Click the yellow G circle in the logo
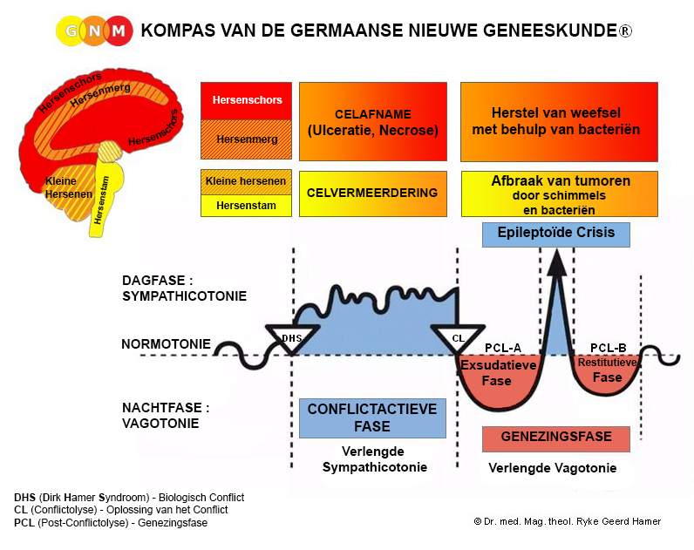point(71,31)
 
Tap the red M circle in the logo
point(119,31)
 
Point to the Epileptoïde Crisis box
point(556,234)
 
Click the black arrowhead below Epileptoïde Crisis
point(557,262)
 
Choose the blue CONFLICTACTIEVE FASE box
point(372,418)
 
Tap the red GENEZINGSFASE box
point(556,439)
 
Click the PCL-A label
point(503,349)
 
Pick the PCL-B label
point(609,349)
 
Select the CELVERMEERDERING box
point(372,194)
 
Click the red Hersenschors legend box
point(246,100)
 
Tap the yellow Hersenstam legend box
point(246,206)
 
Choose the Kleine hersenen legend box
point(246,182)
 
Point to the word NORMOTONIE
point(166,344)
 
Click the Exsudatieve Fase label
point(498,373)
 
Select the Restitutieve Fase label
point(607,370)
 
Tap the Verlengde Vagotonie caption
point(553,468)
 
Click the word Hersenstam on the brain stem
point(101,200)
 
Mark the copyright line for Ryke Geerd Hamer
point(567,522)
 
